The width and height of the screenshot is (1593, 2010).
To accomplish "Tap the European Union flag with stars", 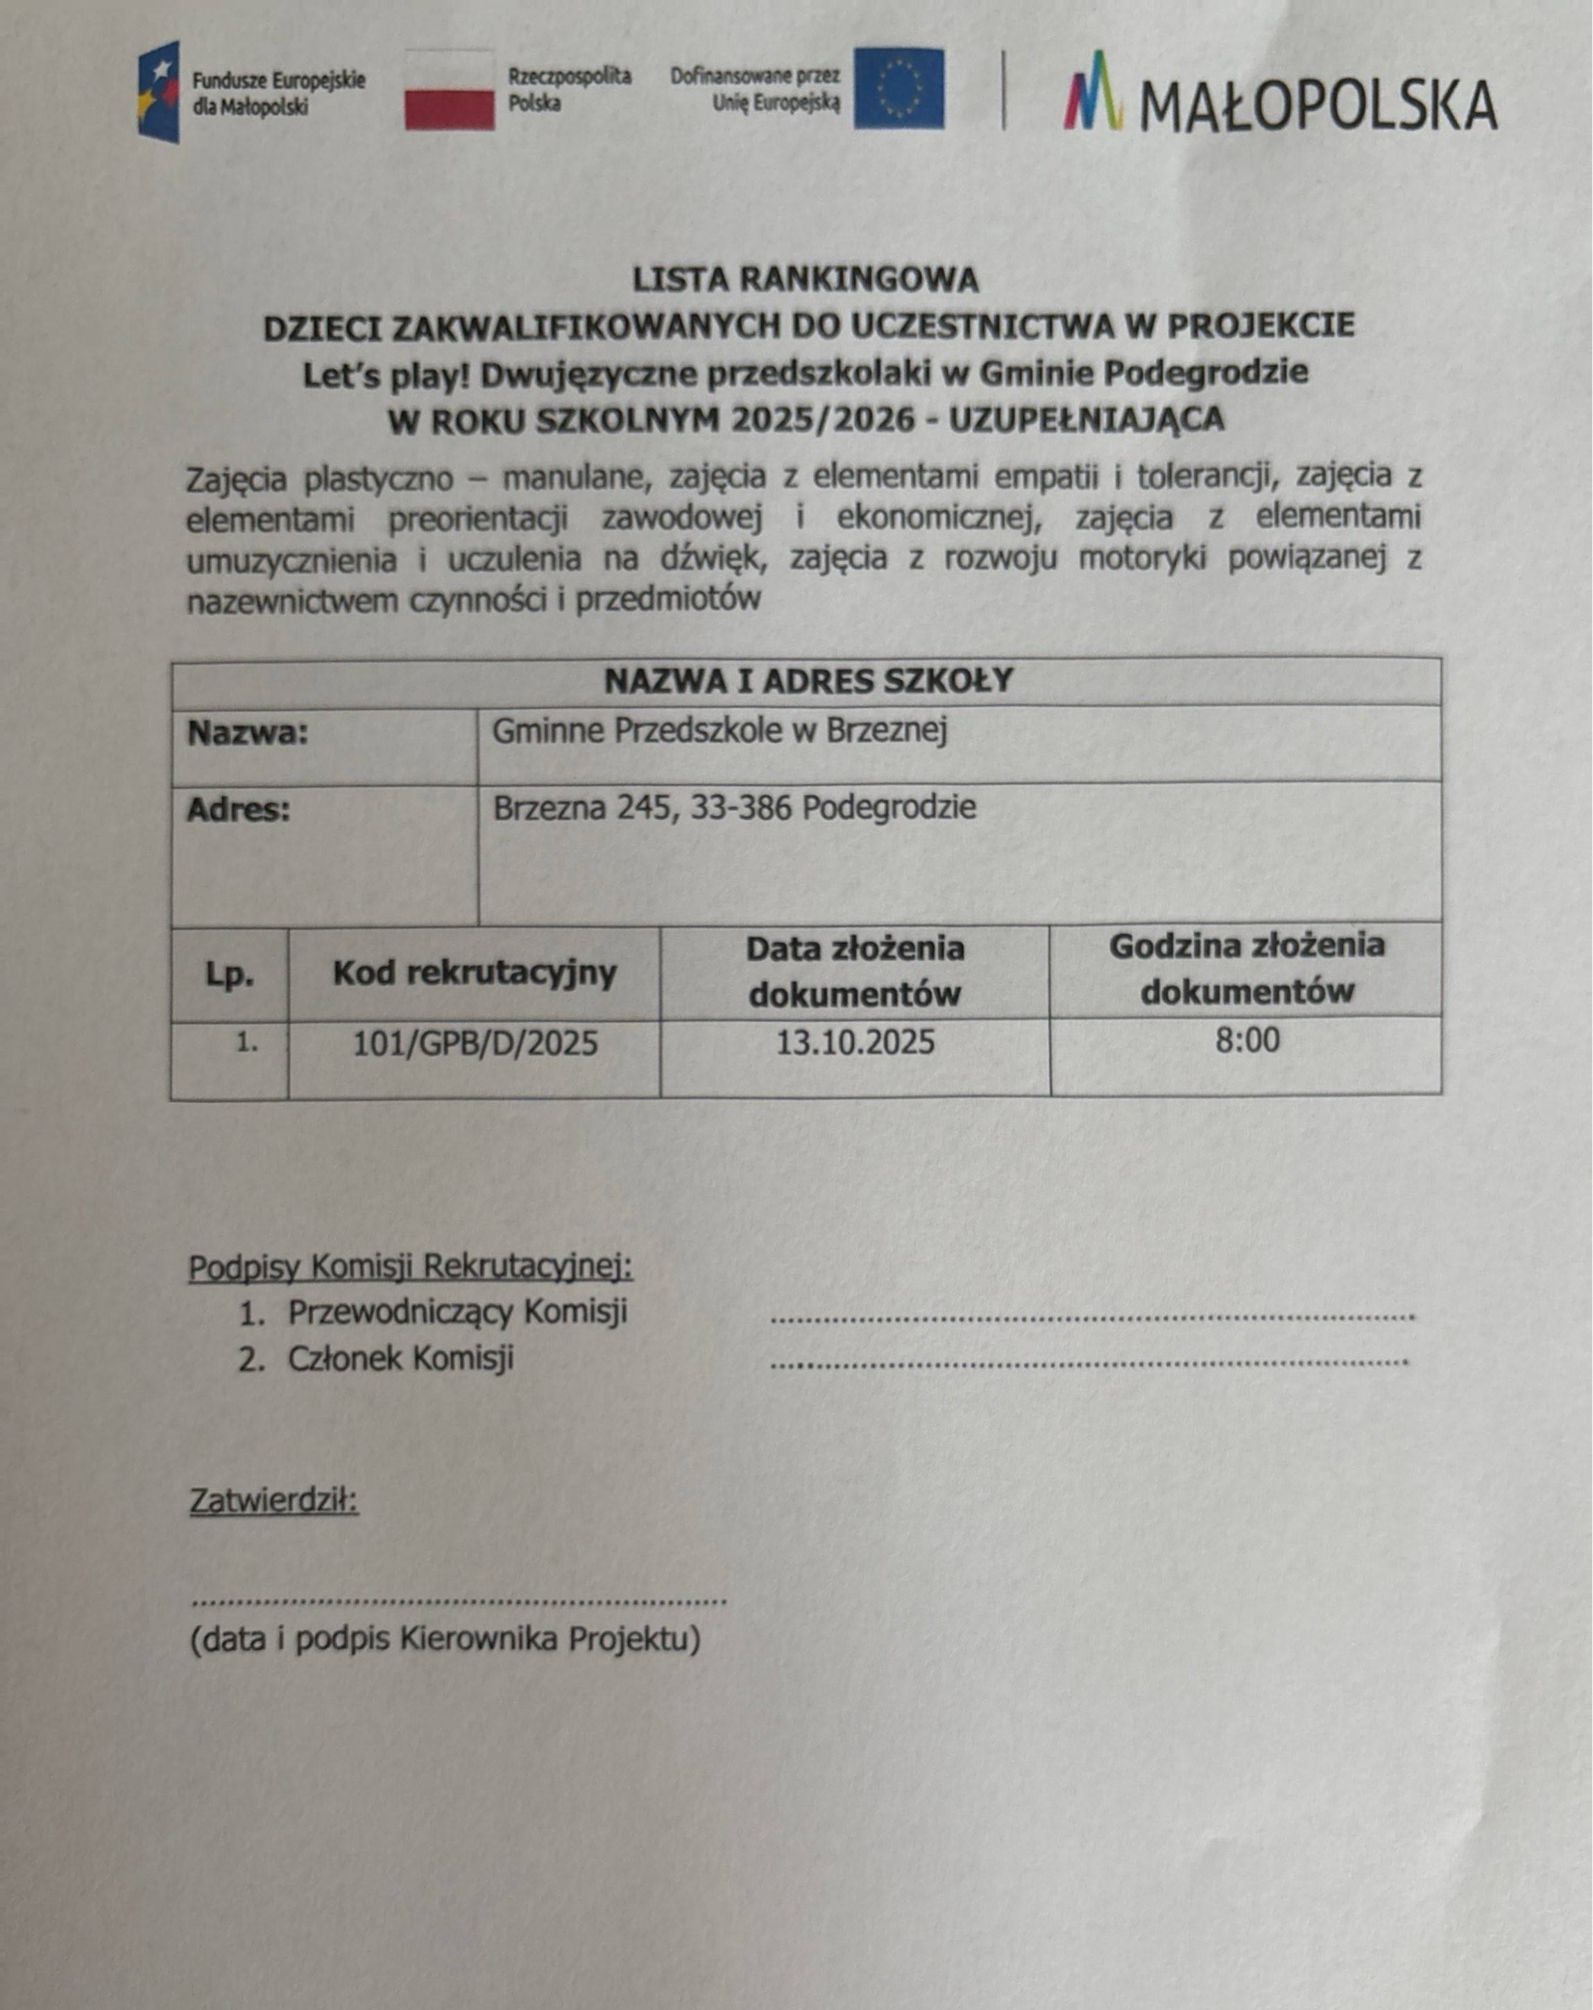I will pos(898,90).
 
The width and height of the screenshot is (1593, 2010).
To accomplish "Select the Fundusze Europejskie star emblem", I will pos(158,92).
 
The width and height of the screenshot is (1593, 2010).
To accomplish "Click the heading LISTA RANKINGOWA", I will pos(806,280).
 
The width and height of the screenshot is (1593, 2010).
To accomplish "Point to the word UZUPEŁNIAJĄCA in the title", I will pos(1086,420).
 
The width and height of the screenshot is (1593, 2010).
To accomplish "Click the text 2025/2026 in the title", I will pos(822,420).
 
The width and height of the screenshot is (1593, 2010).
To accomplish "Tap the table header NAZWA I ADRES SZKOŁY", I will pos(807,681).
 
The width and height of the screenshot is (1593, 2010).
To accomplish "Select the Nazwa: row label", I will pos(248,733).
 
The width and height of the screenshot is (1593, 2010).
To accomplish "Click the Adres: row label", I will pos(239,809).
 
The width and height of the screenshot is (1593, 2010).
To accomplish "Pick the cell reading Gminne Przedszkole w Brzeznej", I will pos(719,731).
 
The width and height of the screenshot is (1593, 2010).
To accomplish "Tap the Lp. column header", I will pos(229,974).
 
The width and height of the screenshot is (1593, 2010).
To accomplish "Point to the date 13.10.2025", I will pos(855,1042).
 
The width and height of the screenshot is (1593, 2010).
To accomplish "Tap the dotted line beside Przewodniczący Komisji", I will pos(1093,1318).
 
